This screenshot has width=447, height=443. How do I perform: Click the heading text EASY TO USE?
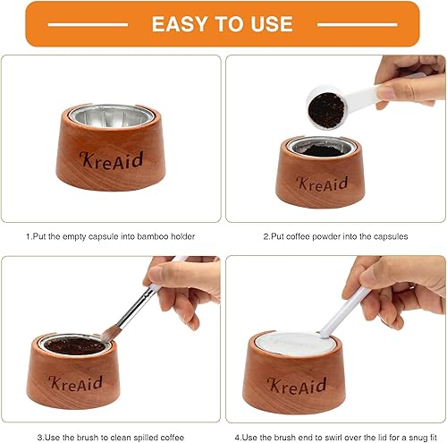223,23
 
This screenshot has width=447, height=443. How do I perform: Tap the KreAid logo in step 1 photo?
110,161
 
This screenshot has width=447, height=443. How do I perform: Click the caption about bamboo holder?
112,237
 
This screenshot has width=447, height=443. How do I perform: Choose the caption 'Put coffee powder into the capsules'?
334,237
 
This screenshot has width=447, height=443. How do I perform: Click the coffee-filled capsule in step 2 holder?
320,149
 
